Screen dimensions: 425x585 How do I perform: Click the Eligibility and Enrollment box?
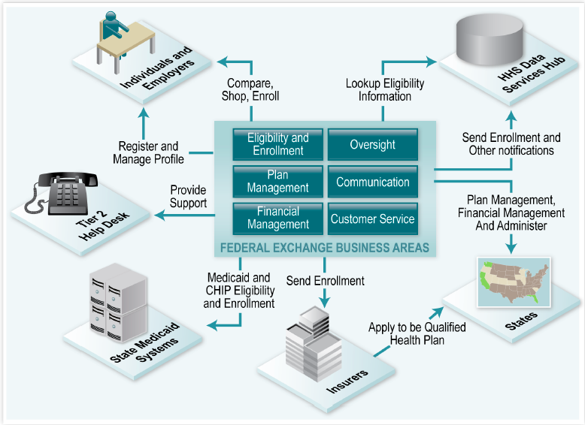(x=278, y=144)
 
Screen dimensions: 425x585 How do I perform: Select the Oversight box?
(x=372, y=144)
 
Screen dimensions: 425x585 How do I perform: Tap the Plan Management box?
(x=278, y=181)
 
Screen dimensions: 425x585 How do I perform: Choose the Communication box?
(x=372, y=182)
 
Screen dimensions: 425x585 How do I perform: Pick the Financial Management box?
(x=278, y=218)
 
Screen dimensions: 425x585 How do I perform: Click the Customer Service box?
(x=372, y=219)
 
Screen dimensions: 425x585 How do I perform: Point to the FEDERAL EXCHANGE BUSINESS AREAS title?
(x=324, y=247)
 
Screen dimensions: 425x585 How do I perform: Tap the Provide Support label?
(x=188, y=197)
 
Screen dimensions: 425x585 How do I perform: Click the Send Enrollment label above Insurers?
(x=325, y=281)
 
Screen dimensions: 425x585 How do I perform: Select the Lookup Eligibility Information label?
(x=384, y=89)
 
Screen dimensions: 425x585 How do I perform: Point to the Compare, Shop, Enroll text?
(x=250, y=89)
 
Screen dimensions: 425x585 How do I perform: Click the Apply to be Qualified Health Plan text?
(x=417, y=333)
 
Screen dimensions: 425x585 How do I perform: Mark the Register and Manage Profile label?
(x=148, y=152)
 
